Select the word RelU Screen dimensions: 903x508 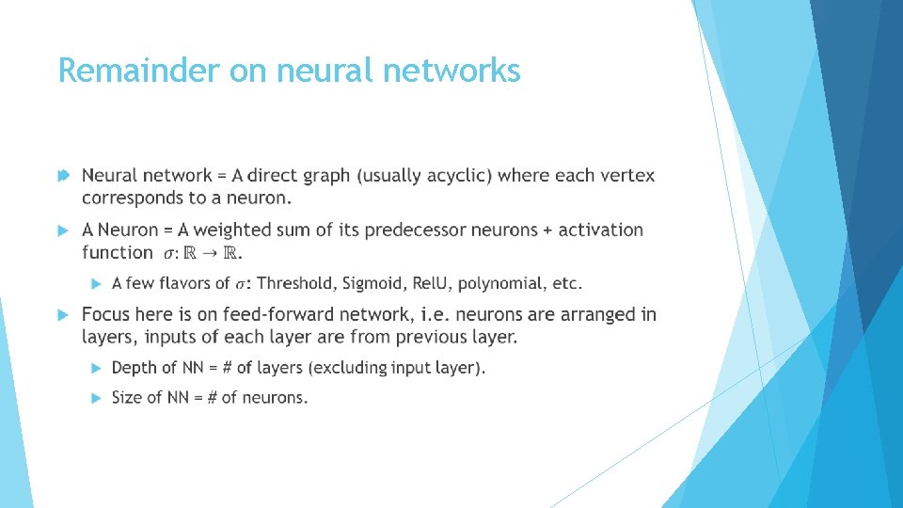point(432,283)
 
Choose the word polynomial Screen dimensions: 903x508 point(500,283)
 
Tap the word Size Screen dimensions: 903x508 point(127,397)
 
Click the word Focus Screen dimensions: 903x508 point(106,314)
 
